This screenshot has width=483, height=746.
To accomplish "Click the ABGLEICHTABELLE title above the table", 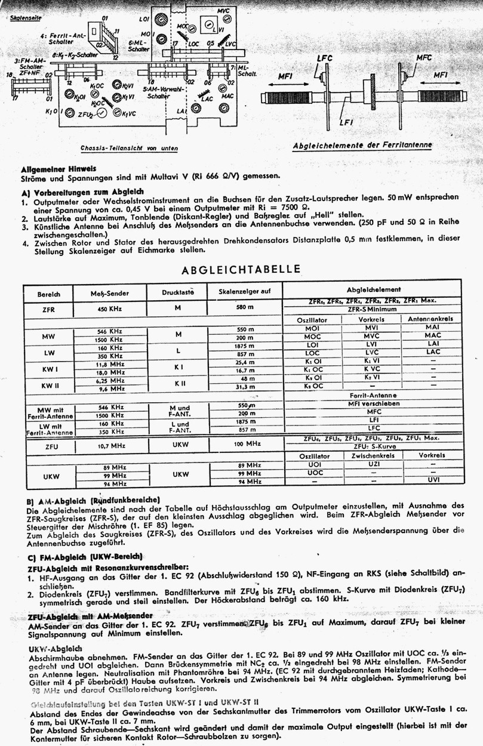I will (241, 269).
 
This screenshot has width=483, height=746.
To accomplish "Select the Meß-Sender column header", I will (110, 294).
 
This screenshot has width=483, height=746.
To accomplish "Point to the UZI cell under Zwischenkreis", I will (374, 464).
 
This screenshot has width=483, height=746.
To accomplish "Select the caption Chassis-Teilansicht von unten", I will (129, 147).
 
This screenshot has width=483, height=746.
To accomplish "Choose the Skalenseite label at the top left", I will (26, 19).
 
